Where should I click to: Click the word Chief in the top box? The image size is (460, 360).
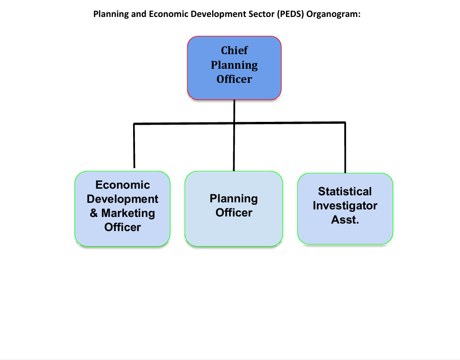click(234, 50)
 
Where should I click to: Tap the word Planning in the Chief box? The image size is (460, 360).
click(234, 65)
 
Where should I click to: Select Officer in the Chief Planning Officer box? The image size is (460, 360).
click(234, 79)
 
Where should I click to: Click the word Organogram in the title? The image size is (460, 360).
click(333, 14)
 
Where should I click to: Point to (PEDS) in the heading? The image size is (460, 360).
click(290, 14)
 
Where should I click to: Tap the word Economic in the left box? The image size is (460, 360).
click(123, 185)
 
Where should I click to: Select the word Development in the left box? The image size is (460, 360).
click(122, 199)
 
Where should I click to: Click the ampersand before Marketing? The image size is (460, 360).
click(94, 213)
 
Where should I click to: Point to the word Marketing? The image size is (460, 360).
click(128, 213)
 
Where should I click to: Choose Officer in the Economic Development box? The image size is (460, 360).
click(123, 227)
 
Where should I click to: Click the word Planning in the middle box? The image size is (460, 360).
click(234, 199)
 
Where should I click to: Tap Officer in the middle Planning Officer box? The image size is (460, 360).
click(234, 213)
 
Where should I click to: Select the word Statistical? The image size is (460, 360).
click(345, 192)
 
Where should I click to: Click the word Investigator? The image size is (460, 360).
click(345, 206)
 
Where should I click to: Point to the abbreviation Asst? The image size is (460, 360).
click(345, 220)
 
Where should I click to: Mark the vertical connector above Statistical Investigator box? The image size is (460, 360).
click(345, 148)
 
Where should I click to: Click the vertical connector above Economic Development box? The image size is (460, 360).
click(134, 146)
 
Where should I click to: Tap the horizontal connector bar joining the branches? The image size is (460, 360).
click(240, 123)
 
